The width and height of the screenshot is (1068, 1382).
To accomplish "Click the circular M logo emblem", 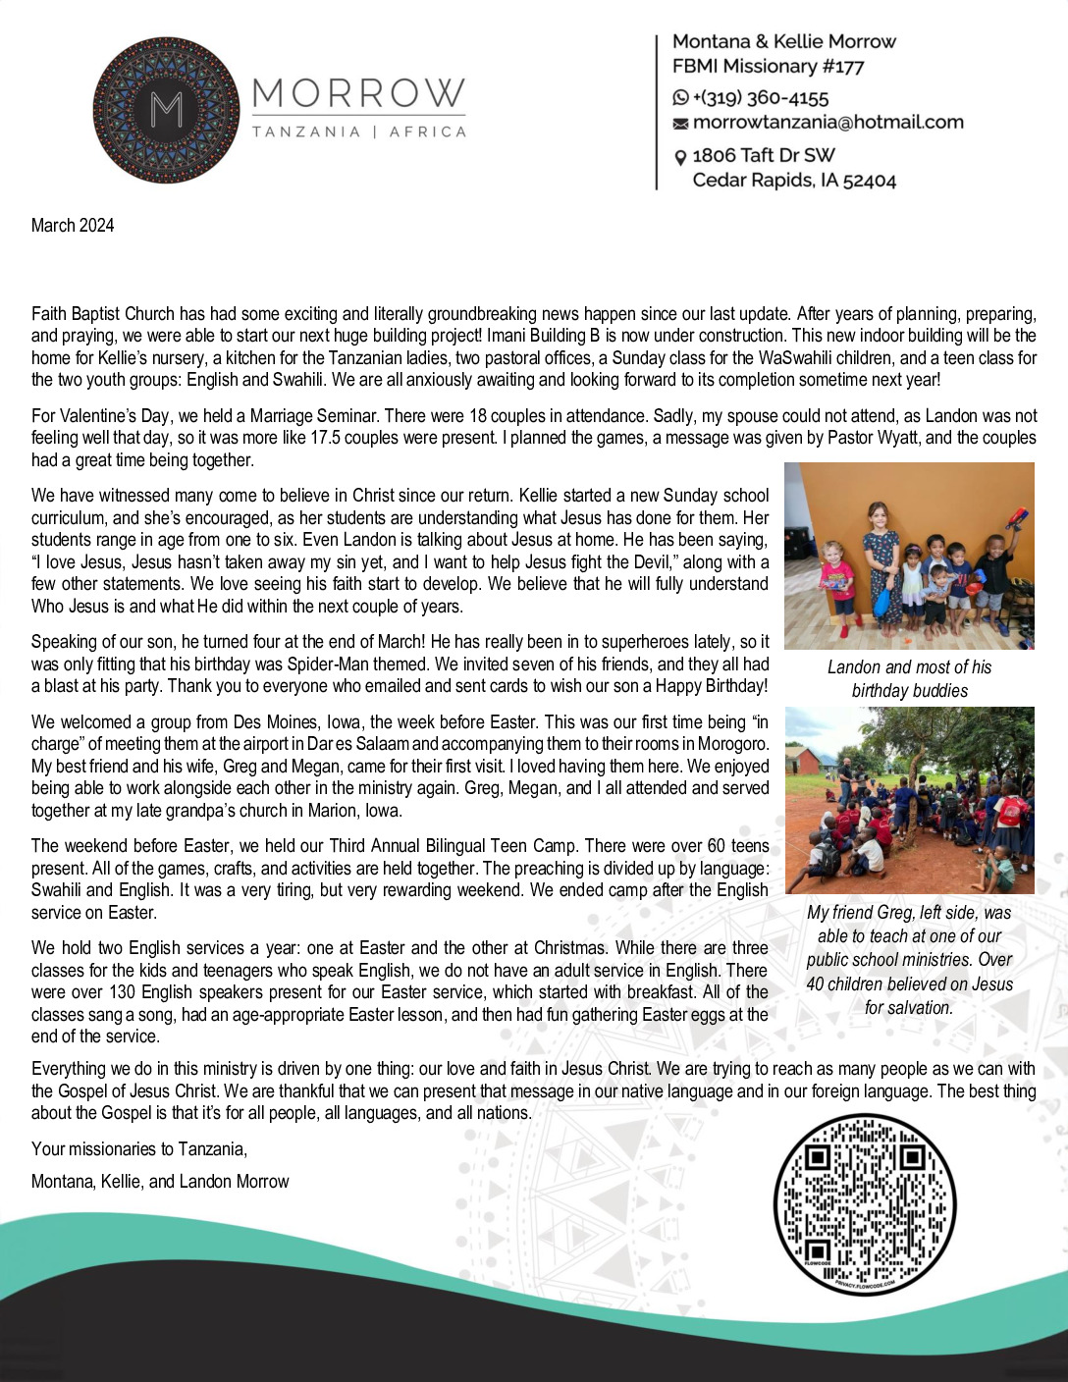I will (x=166, y=110).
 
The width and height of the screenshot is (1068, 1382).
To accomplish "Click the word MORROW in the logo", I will (x=358, y=94).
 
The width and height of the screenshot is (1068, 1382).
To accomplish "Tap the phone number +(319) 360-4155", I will (x=760, y=98).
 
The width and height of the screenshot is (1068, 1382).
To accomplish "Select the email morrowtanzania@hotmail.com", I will (x=828, y=123).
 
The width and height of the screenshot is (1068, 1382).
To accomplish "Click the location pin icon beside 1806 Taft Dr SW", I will (x=680, y=157).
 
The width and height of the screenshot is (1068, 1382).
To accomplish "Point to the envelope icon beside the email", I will (x=680, y=124).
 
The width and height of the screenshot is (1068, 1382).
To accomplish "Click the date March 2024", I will (x=73, y=226).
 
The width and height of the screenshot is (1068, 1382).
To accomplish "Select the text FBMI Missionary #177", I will (x=768, y=67).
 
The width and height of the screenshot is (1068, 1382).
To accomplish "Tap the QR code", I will (x=864, y=1203).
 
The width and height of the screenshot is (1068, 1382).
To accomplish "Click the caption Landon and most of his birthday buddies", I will (x=909, y=679).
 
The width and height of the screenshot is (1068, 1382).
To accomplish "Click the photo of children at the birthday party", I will (x=909, y=556).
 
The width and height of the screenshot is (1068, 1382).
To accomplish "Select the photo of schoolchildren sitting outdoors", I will (x=909, y=800).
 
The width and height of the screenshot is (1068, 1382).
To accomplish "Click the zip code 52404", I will (x=870, y=181).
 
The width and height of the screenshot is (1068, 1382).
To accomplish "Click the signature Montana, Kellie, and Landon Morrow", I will (x=160, y=1182).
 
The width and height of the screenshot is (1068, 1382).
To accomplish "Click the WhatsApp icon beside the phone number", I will (x=680, y=98).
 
